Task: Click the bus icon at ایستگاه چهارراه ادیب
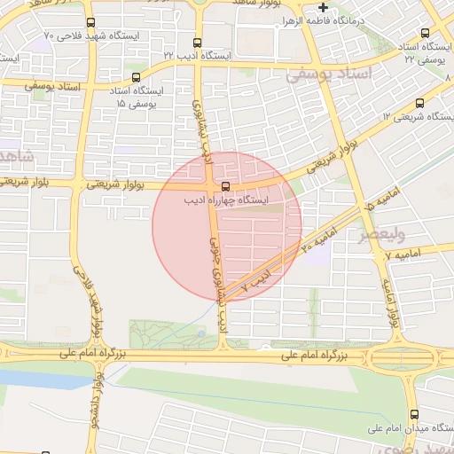pyautogui.click(x=225, y=186)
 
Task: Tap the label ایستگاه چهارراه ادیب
pyautogui.click(x=225, y=201)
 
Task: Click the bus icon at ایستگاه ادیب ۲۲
pyautogui.click(x=196, y=42)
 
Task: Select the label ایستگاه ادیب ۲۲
pyautogui.click(x=196, y=55)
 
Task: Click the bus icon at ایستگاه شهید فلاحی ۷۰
pyautogui.click(x=90, y=23)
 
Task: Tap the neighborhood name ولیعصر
pyautogui.click(x=381, y=236)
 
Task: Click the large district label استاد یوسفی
pyautogui.click(x=326, y=76)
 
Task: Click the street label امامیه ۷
pyautogui.click(x=406, y=254)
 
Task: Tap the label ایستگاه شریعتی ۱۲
pyautogui.click(x=418, y=117)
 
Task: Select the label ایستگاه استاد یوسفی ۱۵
pyautogui.click(x=137, y=98)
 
